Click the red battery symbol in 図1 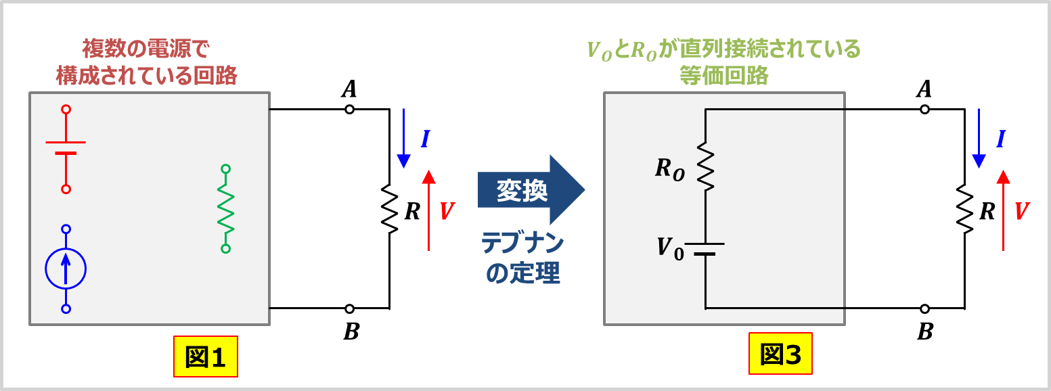point(66,148)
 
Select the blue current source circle point(66,269)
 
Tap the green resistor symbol point(225,208)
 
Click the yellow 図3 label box point(780,354)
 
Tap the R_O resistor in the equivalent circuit point(705,167)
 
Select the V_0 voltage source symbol point(705,248)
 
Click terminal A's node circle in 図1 point(349,109)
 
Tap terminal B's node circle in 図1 point(349,308)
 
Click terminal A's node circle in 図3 point(924,109)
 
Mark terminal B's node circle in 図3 point(924,308)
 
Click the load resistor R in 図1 point(389,210)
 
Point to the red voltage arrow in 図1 point(428,210)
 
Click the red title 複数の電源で point(146,49)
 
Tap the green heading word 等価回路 point(724,75)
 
